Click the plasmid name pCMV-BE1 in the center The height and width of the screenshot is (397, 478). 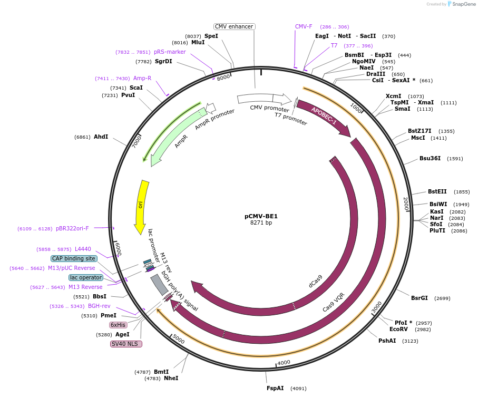[x=261, y=216]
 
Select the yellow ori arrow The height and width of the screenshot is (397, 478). [x=141, y=206]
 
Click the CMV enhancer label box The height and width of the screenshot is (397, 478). [x=235, y=26]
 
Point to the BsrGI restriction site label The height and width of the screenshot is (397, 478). [x=420, y=298]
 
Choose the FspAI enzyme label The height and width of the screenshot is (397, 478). [x=275, y=388]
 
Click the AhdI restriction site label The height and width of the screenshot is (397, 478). [x=101, y=137]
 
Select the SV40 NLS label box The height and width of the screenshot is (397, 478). [x=126, y=344]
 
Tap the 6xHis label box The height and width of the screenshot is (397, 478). [x=118, y=325]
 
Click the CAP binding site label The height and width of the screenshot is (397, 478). [x=74, y=258]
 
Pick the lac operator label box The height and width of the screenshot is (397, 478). [x=86, y=277]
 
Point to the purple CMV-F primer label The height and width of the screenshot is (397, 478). [x=304, y=26]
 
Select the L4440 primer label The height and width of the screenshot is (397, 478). [x=83, y=249]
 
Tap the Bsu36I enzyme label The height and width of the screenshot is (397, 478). [x=430, y=158]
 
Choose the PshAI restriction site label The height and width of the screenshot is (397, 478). [x=387, y=341]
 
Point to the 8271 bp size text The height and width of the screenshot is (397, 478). [x=261, y=223]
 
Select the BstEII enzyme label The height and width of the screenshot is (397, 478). [x=437, y=192]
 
